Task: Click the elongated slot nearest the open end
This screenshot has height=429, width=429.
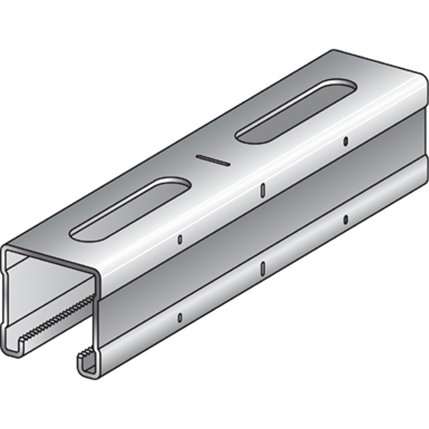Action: [130, 208]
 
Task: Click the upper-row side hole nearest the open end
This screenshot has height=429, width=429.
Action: [180, 239]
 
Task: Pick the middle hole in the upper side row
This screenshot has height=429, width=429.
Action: [262, 189]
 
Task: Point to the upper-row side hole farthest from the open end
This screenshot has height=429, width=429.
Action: [346, 140]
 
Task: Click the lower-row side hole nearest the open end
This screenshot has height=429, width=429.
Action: [180, 317]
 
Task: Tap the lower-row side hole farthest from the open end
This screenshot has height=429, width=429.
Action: [346, 219]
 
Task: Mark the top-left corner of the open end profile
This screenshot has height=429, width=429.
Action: [6, 249]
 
